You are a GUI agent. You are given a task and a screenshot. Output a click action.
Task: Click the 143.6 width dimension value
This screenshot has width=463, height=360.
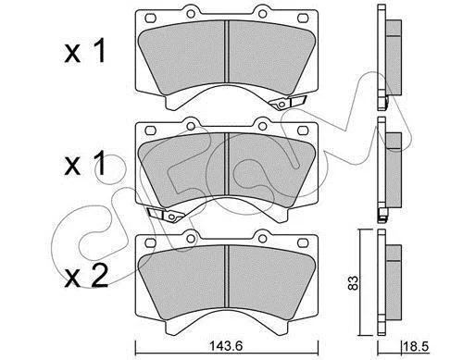click(226, 346)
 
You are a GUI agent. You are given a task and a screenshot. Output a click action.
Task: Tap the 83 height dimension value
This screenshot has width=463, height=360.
click(354, 282)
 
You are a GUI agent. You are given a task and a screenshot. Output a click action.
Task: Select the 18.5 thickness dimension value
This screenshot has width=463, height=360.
click(417, 346)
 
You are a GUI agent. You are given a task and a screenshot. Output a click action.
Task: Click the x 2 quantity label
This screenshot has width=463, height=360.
click(86, 277)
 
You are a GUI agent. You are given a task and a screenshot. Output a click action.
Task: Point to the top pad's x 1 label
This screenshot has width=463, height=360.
click(85, 51)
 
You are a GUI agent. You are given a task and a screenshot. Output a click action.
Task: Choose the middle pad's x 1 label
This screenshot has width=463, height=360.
click(85, 164)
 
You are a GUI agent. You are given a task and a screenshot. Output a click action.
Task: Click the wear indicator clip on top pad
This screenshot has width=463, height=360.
click(287, 102)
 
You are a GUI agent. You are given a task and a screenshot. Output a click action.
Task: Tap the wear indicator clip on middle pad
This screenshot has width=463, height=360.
click(166, 215)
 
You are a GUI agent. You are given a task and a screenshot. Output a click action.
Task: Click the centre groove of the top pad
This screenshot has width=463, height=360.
click(227, 51)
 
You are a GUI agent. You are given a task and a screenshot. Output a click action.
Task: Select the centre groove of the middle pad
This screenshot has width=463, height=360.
click(227, 164)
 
